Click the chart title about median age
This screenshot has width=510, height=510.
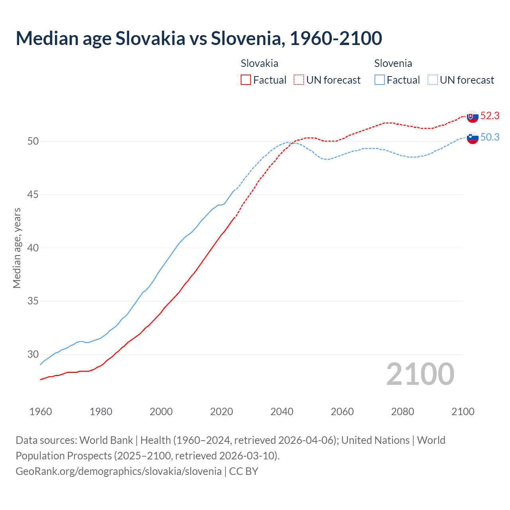pyautogui.click(x=199, y=38)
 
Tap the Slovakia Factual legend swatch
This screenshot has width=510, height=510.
pyautogui.click(x=246, y=80)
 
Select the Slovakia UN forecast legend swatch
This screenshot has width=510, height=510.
pyautogui.click(x=299, y=80)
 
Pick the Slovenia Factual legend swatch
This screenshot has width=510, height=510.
pyautogui.click(x=380, y=80)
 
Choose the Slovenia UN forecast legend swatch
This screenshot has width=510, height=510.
pyautogui.click(x=432, y=80)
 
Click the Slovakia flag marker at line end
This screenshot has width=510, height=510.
pyautogui.click(x=473, y=117)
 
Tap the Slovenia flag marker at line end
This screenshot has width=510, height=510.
pyautogui.click(x=473, y=138)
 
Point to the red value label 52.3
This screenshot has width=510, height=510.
pyautogui.click(x=490, y=116)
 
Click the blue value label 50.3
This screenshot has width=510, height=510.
pyautogui.click(x=490, y=137)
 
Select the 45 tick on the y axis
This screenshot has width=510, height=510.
pyautogui.click(x=33, y=194)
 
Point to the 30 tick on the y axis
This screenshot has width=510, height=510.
pyautogui.click(x=33, y=354)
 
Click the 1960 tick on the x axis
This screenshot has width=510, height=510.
pyautogui.click(x=41, y=412)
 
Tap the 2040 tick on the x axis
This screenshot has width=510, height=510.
pyautogui.click(x=282, y=412)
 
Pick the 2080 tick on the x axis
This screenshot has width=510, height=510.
pyautogui.click(x=402, y=412)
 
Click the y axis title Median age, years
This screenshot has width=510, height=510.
pyautogui.click(x=17, y=248)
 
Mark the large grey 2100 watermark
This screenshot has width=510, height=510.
pyautogui.click(x=420, y=374)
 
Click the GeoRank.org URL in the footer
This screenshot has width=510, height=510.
pyautogui.click(x=118, y=471)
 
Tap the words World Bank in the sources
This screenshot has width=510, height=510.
pyautogui.click(x=106, y=440)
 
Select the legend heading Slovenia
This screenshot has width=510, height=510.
pyautogui.click(x=393, y=63)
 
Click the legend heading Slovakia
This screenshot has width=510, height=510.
pyautogui.click(x=259, y=63)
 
